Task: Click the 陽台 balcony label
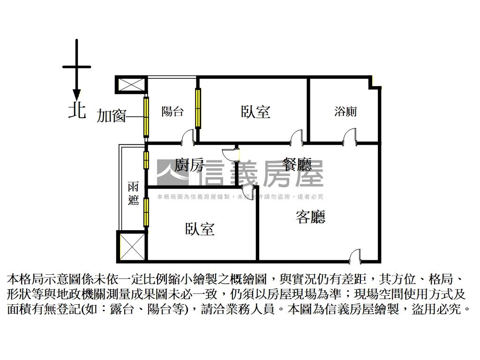172,112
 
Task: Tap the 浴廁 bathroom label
345,112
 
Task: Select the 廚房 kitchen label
189,165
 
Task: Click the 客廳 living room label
310,217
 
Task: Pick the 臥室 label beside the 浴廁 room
255,112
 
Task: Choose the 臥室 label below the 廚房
200,229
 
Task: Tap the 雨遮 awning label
133,193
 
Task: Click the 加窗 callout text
112,115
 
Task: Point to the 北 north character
77,111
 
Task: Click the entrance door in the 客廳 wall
356,255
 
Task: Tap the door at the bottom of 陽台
187,136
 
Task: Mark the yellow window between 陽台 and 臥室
198,108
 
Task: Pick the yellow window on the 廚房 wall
146,160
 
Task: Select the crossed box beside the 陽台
129,85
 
